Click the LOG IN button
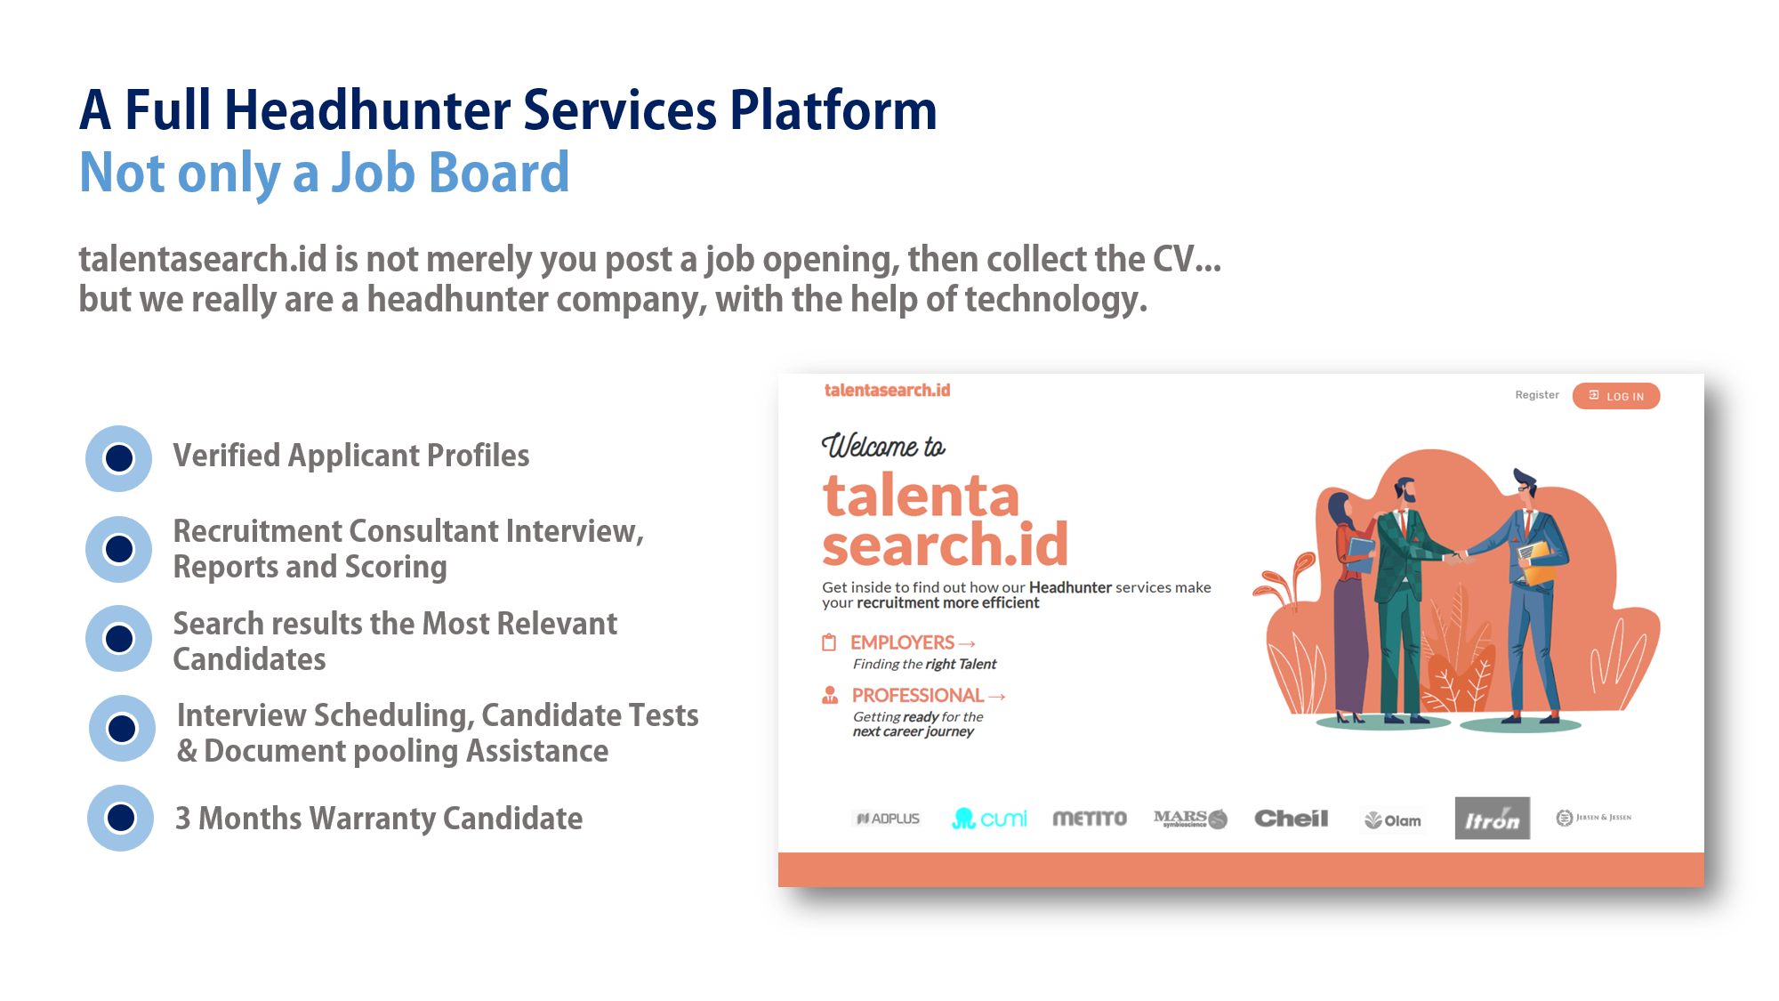[x=1615, y=396]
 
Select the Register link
[x=1537, y=395]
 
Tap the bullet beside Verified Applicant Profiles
[x=119, y=458]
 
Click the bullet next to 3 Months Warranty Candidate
[x=121, y=818]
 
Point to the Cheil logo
[x=1291, y=819]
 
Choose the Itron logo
[x=1493, y=819]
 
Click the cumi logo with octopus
[x=989, y=819]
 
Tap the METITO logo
[x=1090, y=819]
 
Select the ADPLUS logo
[x=888, y=819]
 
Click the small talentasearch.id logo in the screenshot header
[x=887, y=391]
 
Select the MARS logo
[x=1190, y=819]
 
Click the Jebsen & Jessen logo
[x=1593, y=818]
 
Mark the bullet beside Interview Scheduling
[x=122, y=729]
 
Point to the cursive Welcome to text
[x=883, y=446]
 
